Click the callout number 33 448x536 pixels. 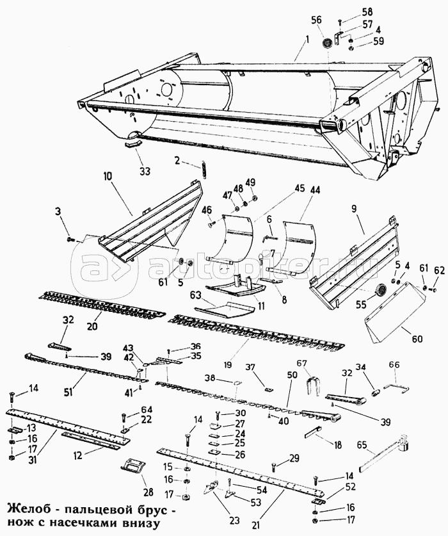(x=145, y=171)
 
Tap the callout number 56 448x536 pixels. (x=316, y=20)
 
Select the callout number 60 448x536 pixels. (x=417, y=339)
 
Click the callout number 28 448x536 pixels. (x=147, y=492)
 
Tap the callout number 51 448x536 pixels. (x=68, y=392)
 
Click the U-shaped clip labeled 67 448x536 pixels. (x=311, y=386)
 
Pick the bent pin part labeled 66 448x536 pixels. (x=397, y=388)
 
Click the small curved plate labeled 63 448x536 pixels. (x=225, y=309)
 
